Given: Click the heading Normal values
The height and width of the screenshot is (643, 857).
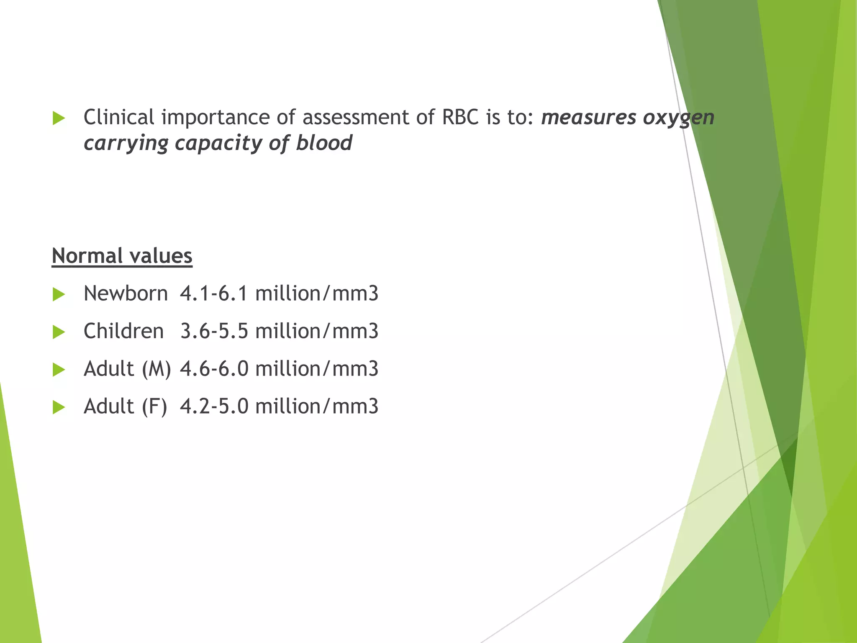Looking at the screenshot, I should coord(122,256).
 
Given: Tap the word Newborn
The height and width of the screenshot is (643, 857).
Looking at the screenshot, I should coord(126,293).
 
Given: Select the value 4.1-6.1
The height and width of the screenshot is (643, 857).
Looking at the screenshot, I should coord(214,293).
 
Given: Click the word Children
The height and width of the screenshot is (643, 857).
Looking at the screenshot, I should coord(123,331).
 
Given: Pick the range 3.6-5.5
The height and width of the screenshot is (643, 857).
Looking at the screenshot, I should coord(214,331).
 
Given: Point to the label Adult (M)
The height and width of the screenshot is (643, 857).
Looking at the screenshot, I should coord(127,369).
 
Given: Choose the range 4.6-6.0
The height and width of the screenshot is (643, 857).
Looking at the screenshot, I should coord(214,369).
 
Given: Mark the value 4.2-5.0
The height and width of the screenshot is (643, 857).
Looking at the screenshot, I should coord(214,406).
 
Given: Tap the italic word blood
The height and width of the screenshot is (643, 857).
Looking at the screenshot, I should coord(324,143).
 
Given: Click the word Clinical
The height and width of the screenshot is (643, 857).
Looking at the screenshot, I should coord(119,117).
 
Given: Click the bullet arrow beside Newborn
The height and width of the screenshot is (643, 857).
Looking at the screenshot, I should coord(59,294).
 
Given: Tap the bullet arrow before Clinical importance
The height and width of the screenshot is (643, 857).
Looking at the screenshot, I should coord(59,118).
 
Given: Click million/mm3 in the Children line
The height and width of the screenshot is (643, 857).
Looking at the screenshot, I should coord(317,331).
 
